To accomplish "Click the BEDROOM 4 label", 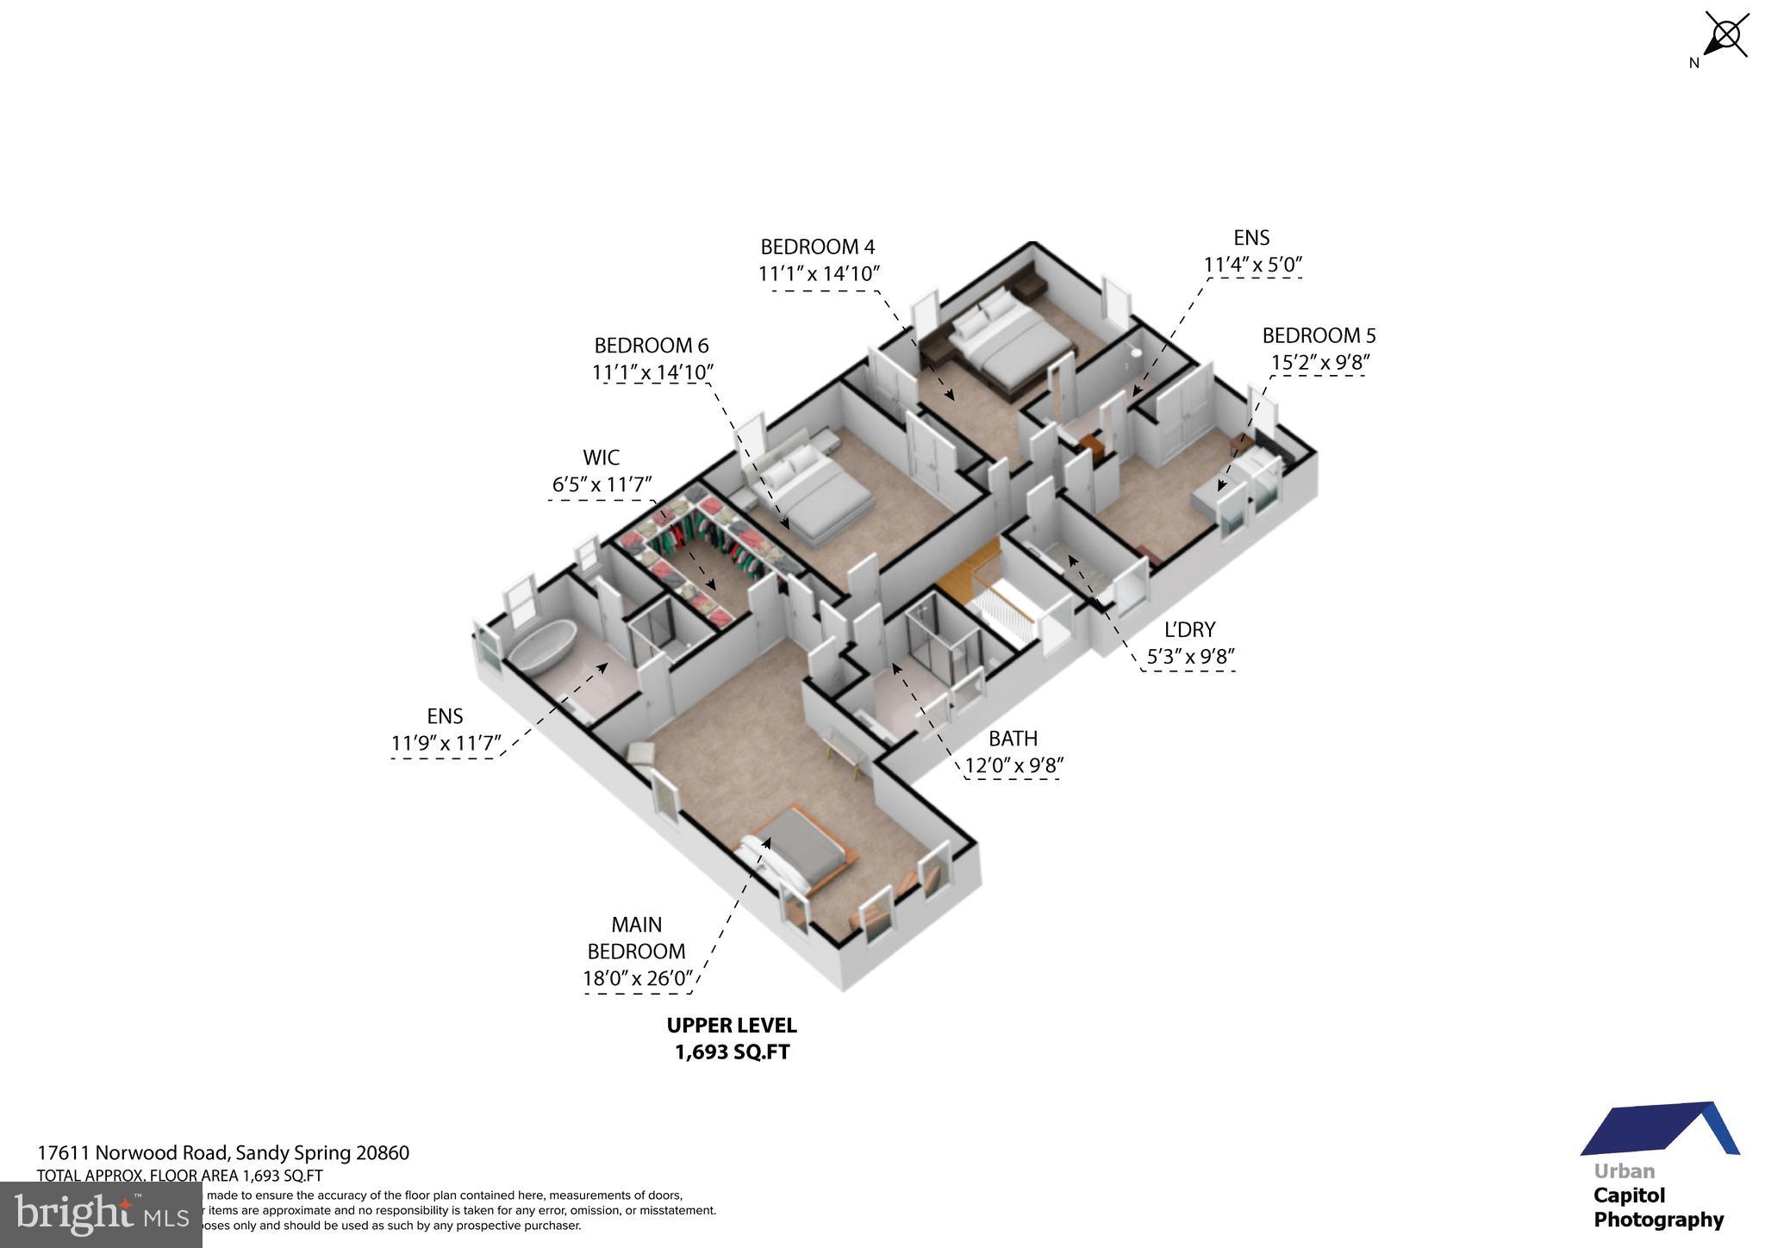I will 817,247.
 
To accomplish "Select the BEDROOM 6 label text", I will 651,346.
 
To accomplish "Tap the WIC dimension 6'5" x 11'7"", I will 602,484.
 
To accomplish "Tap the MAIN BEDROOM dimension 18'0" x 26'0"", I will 637,978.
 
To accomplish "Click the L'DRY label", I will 1189,630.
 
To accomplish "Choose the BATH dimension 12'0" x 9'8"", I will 1013,765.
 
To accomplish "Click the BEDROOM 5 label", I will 1319,335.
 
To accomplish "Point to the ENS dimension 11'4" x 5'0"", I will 1251,265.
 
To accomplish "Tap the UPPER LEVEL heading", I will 732,1026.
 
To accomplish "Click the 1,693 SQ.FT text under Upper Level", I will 732,1052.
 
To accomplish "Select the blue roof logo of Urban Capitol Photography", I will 1659,1129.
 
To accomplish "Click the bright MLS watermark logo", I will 101,1214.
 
